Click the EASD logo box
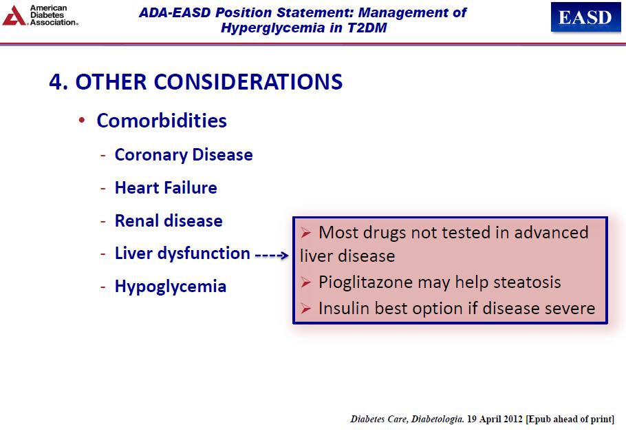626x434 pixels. click(x=585, y=17)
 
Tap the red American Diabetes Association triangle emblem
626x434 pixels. click(x=14, y=16)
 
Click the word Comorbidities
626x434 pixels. click(x=162, y=121)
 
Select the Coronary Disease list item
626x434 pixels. click(x=184, y=155)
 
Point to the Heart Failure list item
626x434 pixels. click(x=166, y=187)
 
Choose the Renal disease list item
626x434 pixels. click(x=169, y=220)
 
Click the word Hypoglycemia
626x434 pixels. click(x=171, y=287)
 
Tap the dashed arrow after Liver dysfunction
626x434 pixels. click(x=272, y=255)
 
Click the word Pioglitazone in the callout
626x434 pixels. click(x=365, y=282)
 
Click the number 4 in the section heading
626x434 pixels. click(x=56, y=82)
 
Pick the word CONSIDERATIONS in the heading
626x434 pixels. click(x=248, y=82)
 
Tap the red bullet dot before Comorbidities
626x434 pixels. click(x=82, y=120)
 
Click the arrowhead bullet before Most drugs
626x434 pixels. click(x=306, y=233)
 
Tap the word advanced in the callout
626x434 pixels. click(x=551, y=233)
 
